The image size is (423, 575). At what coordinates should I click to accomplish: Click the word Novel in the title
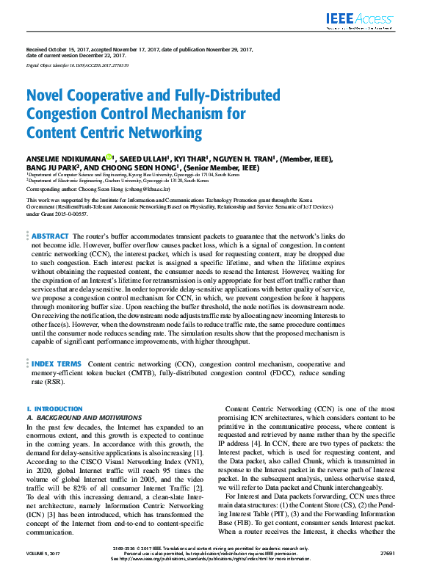45,96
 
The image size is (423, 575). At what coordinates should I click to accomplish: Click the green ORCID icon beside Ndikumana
109,157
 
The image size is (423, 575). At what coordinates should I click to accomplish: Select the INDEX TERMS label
57,364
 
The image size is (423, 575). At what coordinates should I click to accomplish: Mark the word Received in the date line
37,49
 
